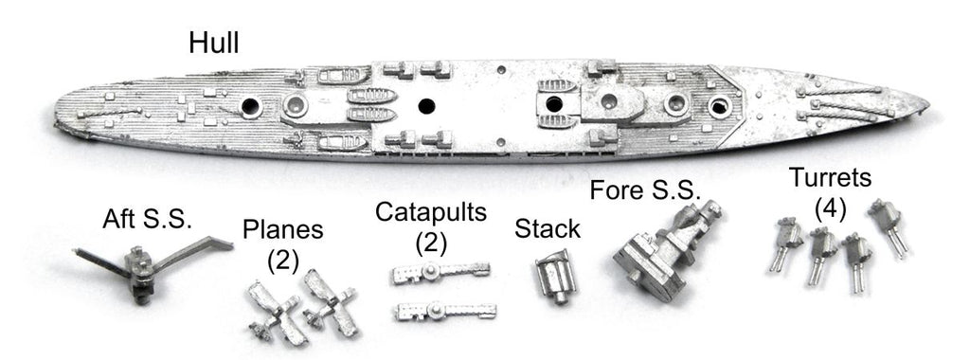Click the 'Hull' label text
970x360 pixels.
[213, 44]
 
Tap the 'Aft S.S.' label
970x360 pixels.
[147, 219]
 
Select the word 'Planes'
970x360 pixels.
[282, 229]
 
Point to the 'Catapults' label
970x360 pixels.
[431, 213]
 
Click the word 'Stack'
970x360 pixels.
[548, 229]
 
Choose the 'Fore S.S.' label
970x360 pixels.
[644, 189]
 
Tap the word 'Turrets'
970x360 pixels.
[830, 178]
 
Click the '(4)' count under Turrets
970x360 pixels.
[830, 209]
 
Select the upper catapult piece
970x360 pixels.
[441, 272]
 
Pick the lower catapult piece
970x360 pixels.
[444, 310]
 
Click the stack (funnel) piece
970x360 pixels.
[555, 276]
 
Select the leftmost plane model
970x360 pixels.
[275, 311]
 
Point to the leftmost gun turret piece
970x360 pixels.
[783, 243]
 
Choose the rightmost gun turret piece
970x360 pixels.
[889, 225]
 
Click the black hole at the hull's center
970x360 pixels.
[426, 106]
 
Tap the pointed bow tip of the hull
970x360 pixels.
[928, 106]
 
